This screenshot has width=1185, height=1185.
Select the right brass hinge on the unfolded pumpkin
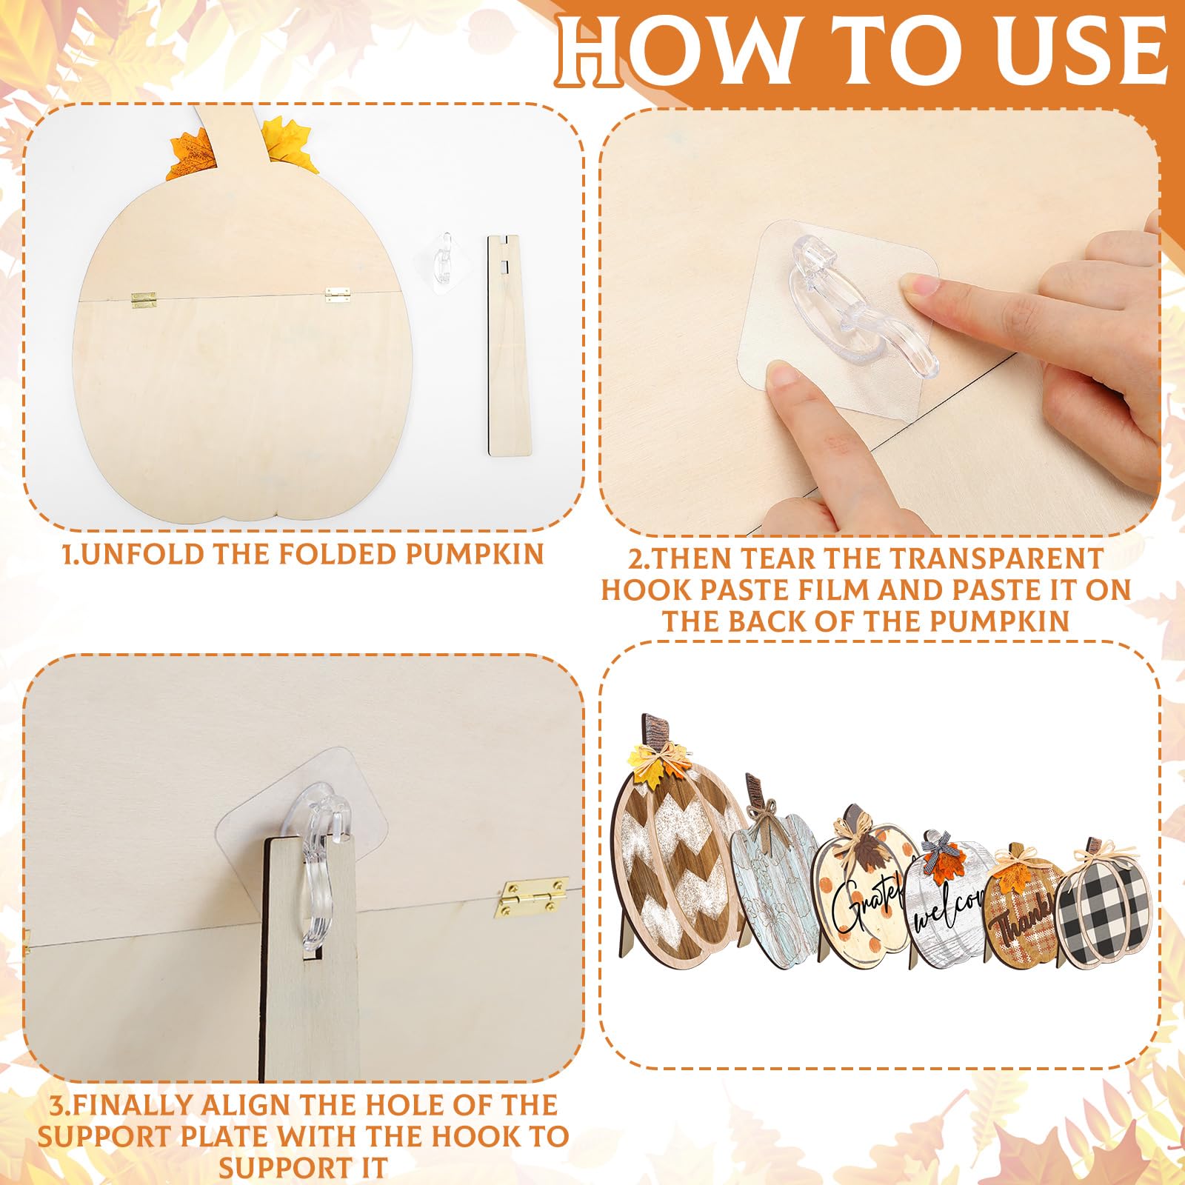(338, 295)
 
